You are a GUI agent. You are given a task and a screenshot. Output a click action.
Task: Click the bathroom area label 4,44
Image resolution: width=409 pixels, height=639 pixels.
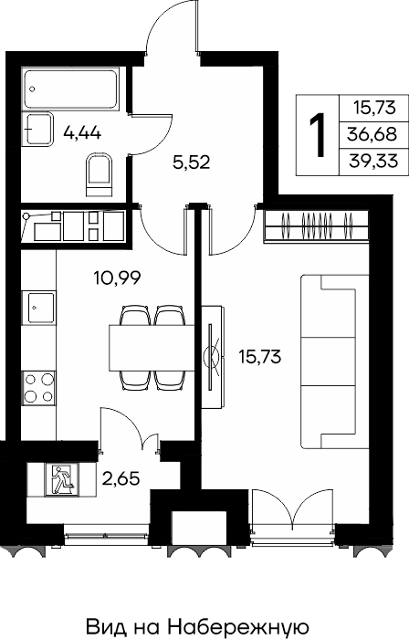pos(82,132)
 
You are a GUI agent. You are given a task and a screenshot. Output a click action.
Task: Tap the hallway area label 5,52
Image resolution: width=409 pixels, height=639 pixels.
pos(192,162)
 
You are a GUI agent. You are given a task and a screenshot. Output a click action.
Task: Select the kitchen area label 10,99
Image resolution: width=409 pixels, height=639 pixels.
pos(118,278)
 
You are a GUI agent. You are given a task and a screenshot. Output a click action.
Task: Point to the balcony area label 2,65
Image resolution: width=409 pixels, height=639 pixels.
pos(121,478)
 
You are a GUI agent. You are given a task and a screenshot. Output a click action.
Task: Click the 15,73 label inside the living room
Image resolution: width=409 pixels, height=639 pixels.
pos(260,357)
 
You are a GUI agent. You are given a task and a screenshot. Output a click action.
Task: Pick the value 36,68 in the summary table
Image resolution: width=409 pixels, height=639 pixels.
pos(372,133)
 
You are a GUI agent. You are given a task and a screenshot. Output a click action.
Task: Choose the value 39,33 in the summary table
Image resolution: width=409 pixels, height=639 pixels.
pos(373,162)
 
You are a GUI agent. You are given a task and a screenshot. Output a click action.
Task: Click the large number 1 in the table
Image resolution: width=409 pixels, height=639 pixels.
pos(318,135)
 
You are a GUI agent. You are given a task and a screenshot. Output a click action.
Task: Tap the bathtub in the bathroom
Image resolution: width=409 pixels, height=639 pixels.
pos(71,89)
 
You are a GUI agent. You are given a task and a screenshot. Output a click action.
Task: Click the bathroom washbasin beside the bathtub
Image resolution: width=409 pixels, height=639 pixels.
pos(39,129)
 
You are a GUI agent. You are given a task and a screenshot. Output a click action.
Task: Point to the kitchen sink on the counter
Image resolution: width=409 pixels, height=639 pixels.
pos(38,308)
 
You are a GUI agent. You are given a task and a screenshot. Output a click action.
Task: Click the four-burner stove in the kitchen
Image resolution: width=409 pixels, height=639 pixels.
pos(38,388)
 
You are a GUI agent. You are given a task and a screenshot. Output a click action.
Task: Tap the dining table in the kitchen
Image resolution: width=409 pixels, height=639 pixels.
pos(152,348)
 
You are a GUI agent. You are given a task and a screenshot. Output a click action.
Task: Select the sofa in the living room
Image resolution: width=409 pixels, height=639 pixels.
pos(335,361)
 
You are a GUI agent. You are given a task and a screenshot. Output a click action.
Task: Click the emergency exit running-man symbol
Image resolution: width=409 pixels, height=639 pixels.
pos(62,479)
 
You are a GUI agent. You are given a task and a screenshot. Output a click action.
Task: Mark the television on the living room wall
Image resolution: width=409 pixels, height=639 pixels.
pos(212,357)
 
